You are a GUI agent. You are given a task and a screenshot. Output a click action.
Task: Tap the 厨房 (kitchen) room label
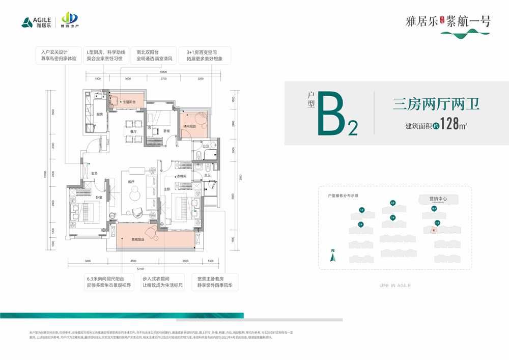click(100, 114)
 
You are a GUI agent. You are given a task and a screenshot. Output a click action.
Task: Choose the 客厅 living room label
click(131, 182)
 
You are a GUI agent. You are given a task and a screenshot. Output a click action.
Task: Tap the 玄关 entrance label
click(94, 173)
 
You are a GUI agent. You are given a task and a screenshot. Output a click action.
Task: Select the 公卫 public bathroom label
click(206, 147)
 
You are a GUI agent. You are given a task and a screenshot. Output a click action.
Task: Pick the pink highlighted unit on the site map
click(434, 230)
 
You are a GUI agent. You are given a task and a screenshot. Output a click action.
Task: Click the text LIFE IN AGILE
click(395, 286)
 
